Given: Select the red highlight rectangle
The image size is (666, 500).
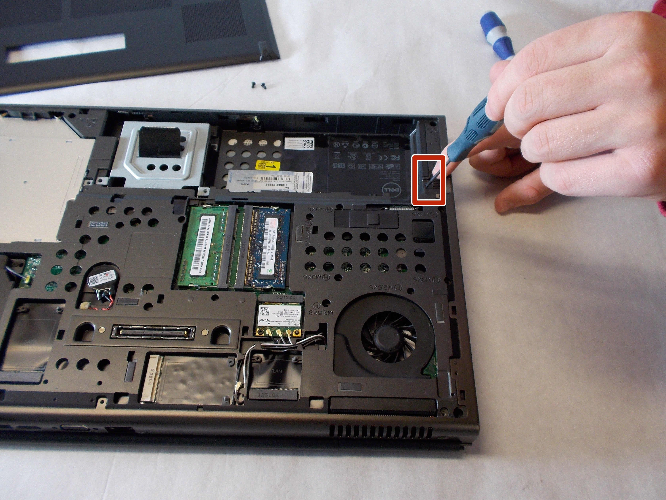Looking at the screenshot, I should [428, 180].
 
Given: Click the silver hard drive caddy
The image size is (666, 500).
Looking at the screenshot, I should [160, 157].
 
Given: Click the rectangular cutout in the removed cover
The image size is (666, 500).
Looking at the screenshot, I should [66, 47].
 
